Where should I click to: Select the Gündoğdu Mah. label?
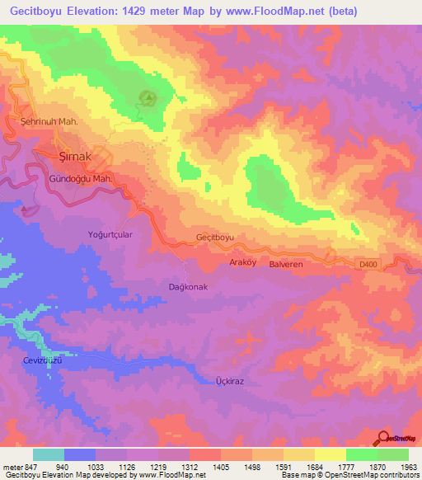pos(80,178)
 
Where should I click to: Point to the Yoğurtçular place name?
pos(111,234)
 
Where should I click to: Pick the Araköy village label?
pos(244,262)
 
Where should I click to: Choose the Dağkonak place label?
pos(187,286)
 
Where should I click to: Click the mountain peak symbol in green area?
pos(149,100)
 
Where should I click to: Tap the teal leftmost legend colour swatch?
pos(49,454)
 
